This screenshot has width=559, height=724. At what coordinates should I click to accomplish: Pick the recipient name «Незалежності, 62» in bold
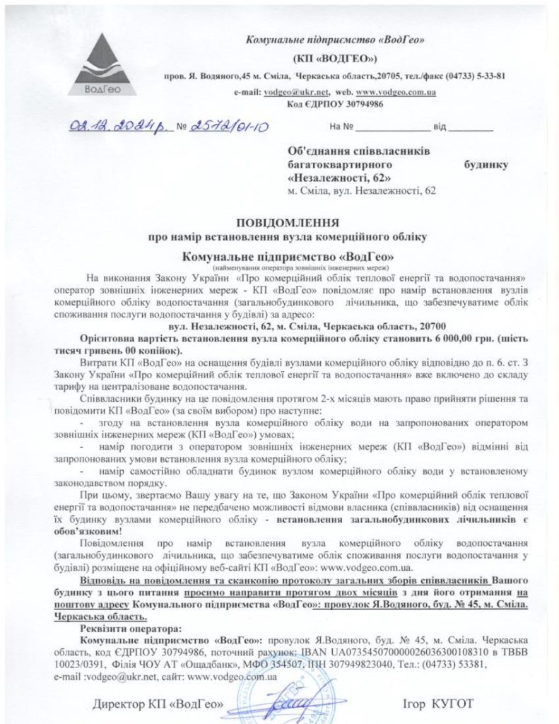tap(339, 177)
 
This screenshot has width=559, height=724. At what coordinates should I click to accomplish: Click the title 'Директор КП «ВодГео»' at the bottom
tap(159, 703)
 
